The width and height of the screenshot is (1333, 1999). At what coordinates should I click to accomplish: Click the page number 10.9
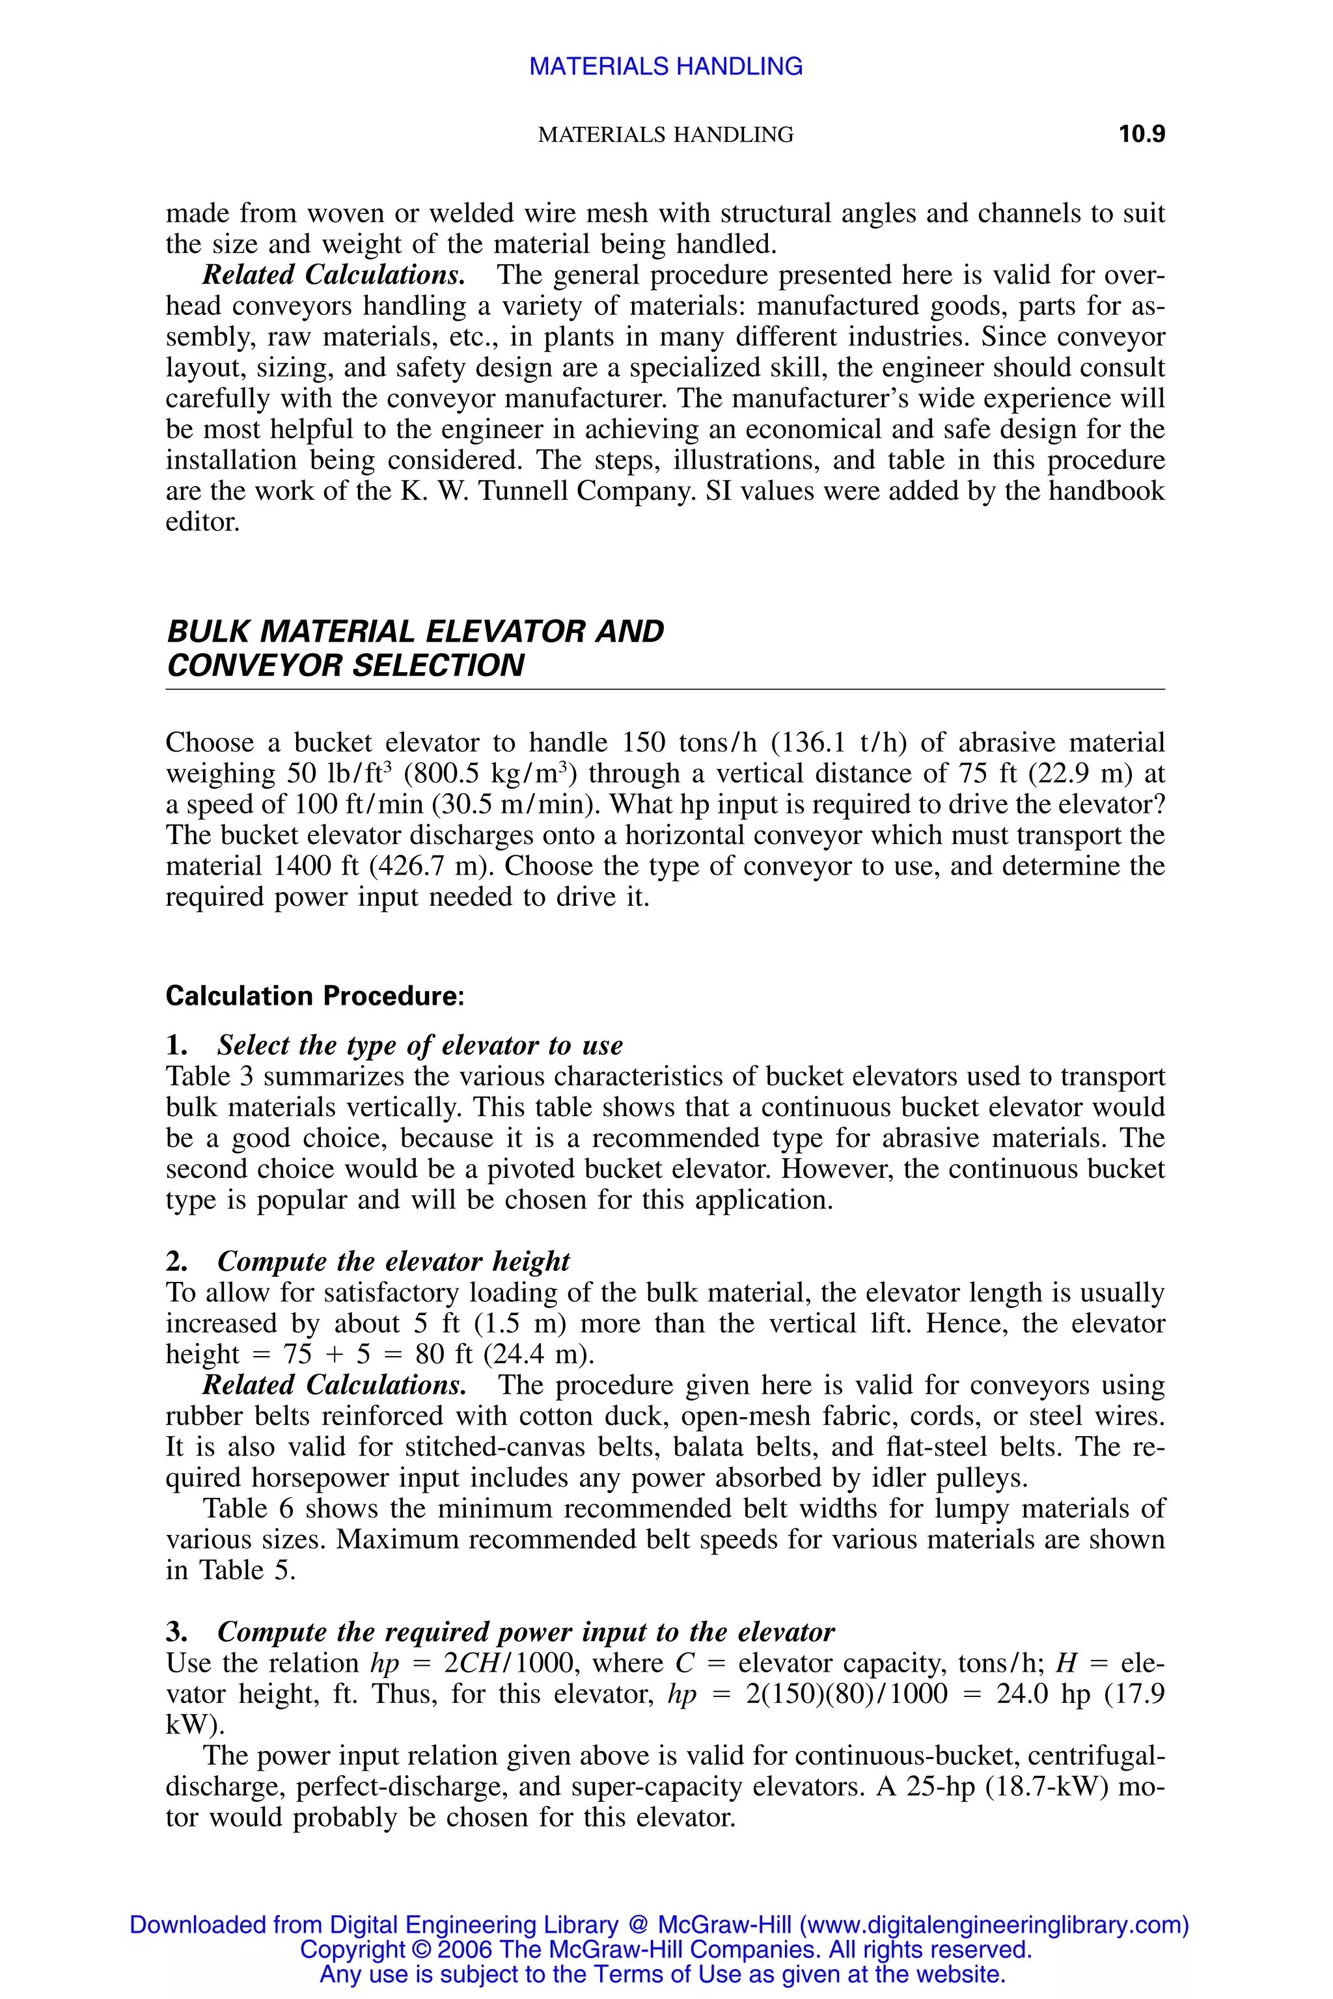click(x=1141, y=134)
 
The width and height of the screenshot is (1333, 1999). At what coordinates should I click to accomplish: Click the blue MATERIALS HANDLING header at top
click(x=666, y=66)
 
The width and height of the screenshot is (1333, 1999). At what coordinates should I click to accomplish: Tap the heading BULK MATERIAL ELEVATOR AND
click(x=415, y=631)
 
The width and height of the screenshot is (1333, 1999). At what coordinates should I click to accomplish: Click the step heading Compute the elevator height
click(x=392, y=1260)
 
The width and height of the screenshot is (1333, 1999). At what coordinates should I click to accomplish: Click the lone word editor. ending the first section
click(x=202, y=521)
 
